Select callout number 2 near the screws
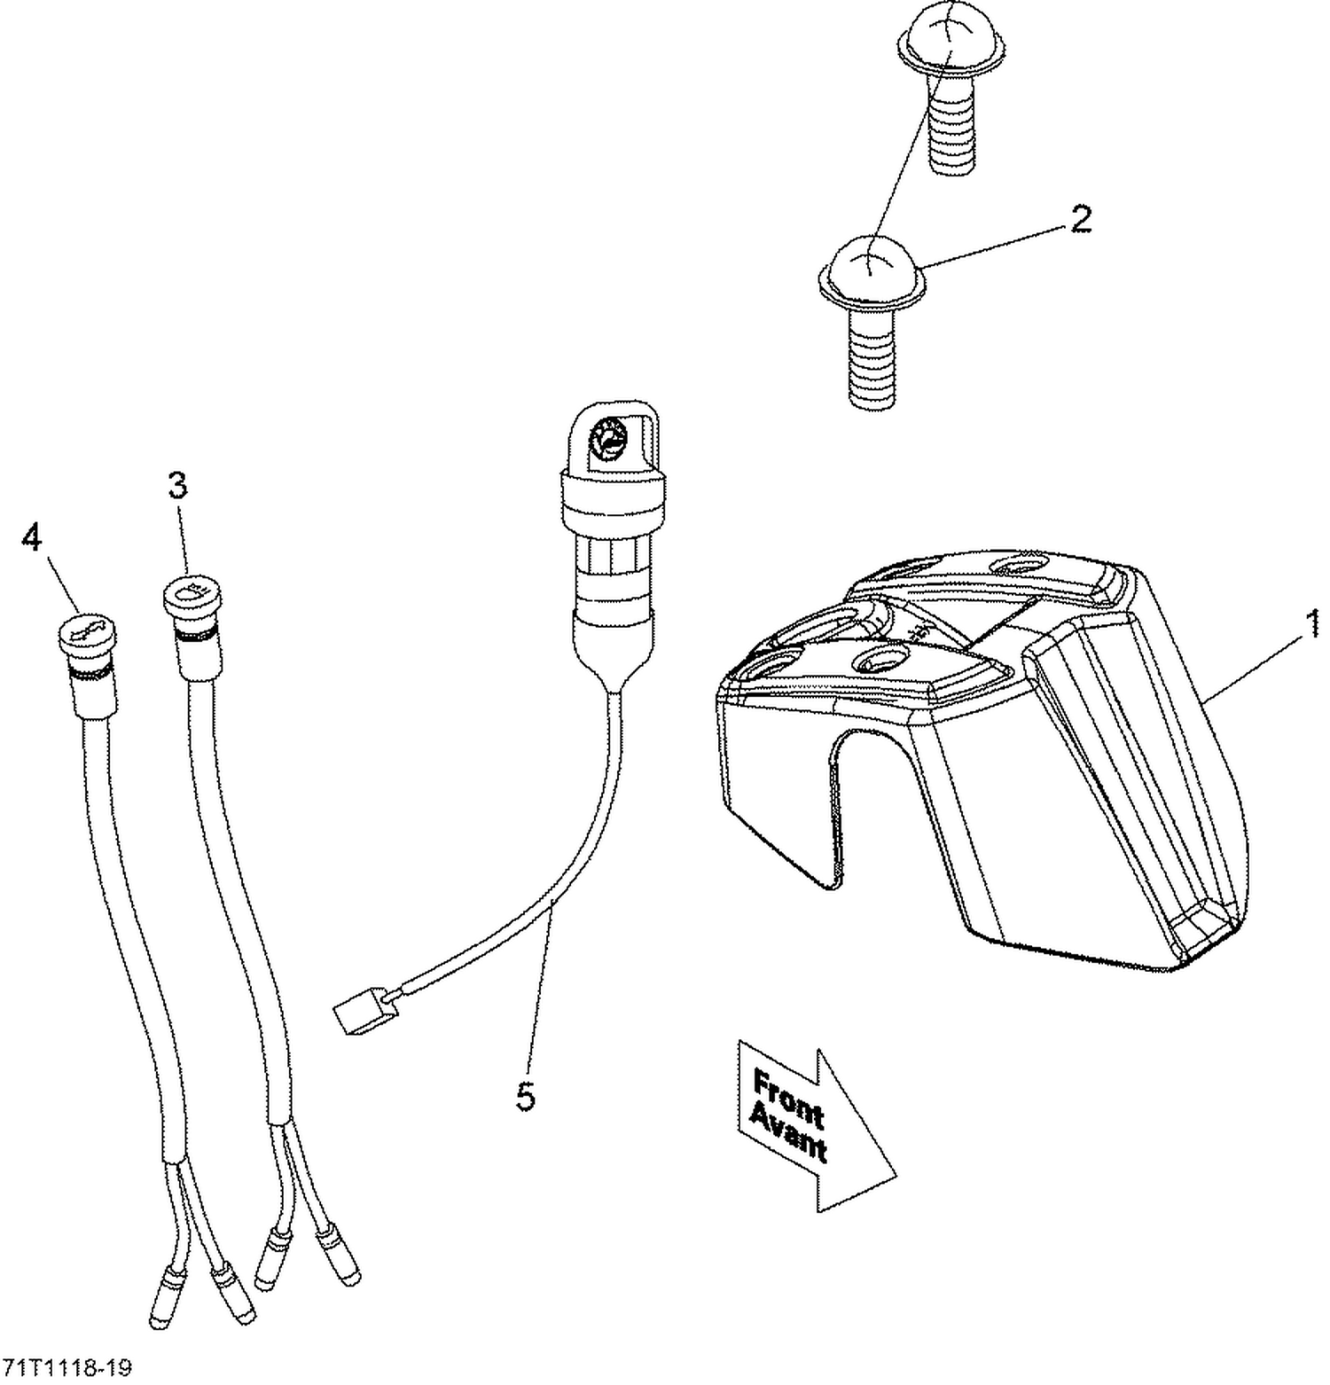point(1080,219)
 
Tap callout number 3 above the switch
point(178,486)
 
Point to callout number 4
point(32,536)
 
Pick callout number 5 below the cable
point(526,1098)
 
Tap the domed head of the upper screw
point(948,43)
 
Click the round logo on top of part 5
point(611,439)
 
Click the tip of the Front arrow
point(894,1178)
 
